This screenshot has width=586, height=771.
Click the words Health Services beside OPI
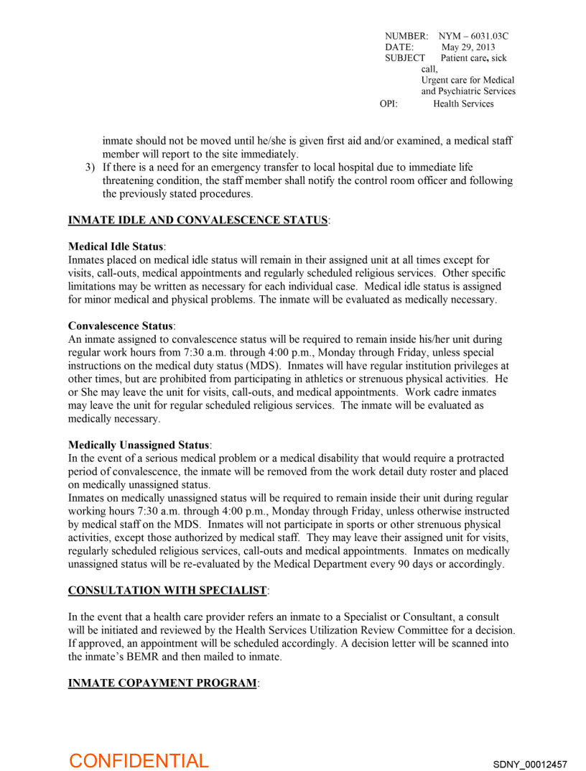[x=463, y=104]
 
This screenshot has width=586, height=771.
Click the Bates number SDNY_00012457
[x=530, y=763]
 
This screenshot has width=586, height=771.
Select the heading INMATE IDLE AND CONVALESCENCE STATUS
[x=197, y=220]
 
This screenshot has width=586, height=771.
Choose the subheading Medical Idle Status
[x=116, y=246]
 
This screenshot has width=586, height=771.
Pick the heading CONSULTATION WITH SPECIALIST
[x=167, y=591]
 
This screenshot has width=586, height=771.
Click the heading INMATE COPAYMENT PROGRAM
[x=162, y=683]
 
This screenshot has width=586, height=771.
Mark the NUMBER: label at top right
[x=406, y=36]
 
